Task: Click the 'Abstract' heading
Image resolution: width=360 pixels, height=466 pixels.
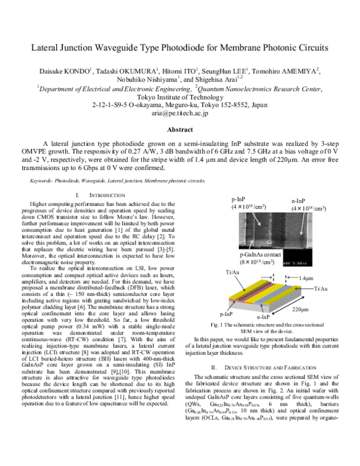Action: point(179,130)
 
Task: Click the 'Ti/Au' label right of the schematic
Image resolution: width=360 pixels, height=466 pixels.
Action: point(319,289)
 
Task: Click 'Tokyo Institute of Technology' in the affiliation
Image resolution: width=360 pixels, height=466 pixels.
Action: point(179,95)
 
